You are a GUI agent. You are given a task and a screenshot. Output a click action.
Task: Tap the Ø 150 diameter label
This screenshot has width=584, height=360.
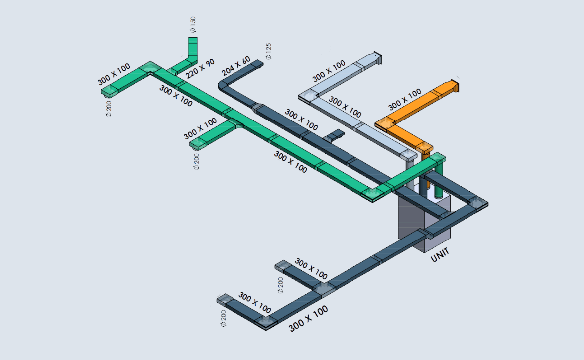[x=193, y=25]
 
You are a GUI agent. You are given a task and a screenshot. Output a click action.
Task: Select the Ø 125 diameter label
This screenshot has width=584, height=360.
[x=269, y=51]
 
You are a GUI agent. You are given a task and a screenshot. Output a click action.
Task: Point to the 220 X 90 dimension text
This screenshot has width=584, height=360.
[x=200, y=69]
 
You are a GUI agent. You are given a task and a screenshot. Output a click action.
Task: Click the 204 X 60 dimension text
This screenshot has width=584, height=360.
[x=236, y=67]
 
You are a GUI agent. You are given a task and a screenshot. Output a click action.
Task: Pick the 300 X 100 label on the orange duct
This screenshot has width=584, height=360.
[x=404, y=99]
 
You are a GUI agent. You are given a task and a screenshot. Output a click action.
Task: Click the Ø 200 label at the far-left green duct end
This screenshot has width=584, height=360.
[x=109, y=108]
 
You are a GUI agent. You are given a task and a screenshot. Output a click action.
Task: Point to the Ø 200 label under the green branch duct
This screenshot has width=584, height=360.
[x=196, y=161]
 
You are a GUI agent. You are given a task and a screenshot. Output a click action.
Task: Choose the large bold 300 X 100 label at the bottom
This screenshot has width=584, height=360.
[x=308, y=319]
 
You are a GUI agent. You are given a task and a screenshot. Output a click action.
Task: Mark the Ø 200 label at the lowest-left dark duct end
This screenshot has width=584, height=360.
[x=223, y=318]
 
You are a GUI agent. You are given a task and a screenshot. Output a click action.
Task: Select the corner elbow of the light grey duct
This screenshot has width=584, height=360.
[x=306, y=96]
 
